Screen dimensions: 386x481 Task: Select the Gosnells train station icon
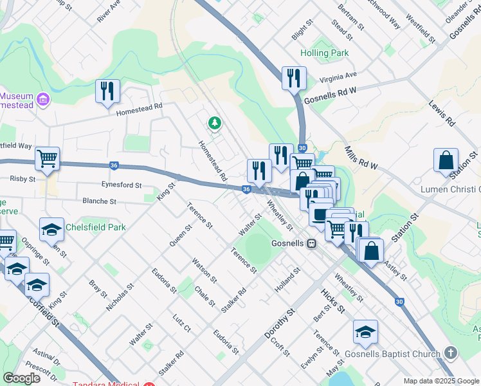click(x=311, y=244)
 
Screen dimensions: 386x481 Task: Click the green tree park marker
click(x=214, y=122)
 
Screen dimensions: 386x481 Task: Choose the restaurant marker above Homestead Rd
click(x=107, y=91)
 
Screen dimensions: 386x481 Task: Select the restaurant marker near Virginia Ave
click(x=294, y=78)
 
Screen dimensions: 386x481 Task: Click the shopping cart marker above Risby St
click(x=47, y=158)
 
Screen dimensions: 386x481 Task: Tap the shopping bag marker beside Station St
click(x=446, y=160)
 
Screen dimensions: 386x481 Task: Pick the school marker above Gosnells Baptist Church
click(x=365, y=332)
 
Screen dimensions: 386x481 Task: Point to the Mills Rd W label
click(x=359, y=157)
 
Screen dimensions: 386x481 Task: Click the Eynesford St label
click(x=121, y=185)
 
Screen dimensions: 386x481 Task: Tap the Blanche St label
click(x=99, y=201)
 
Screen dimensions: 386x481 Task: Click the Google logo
click(x=22, y=378)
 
